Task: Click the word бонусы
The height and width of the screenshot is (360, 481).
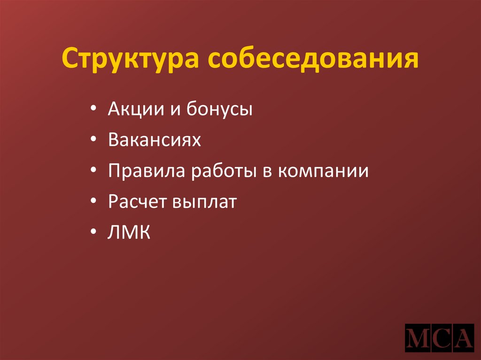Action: coord(219,110)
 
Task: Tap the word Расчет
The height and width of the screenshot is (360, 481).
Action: coord(136,202)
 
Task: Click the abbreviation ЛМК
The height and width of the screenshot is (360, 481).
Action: coord(129,233)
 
